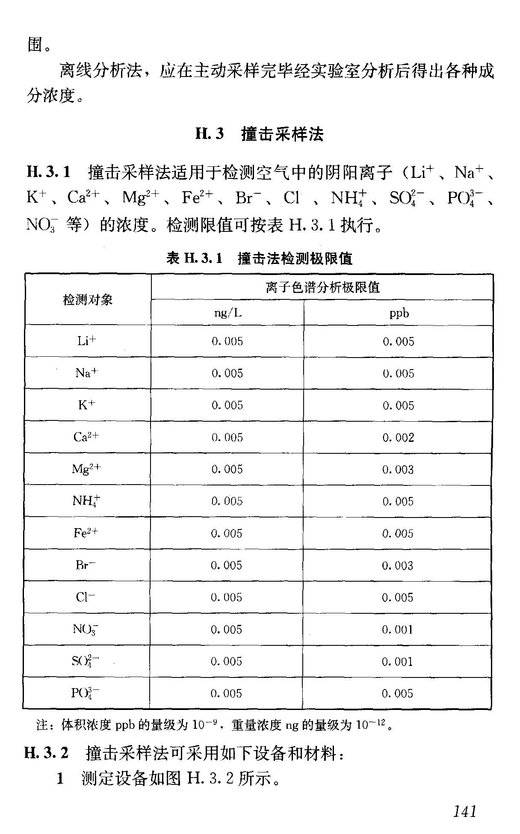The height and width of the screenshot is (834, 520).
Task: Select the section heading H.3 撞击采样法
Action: [259, 134]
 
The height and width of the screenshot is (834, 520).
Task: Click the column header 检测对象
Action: [88, 300]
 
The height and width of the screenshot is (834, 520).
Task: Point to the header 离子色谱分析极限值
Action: [322, 287]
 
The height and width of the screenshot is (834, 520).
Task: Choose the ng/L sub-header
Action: [227, 313]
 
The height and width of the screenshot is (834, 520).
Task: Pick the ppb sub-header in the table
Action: [399, 313]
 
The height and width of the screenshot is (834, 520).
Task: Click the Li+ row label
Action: [86, 341]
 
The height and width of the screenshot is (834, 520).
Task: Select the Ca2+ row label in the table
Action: [86, 437]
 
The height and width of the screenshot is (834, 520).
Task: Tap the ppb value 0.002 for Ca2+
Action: [398, 438]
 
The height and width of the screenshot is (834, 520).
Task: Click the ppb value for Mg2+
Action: [398, 470]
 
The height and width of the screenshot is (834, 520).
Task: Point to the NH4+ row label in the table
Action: [86, 501]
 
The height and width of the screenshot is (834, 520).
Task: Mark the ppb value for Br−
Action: [398, 565]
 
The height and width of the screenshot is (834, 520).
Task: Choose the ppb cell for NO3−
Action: [398, 630]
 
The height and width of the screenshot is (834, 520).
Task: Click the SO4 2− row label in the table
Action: [86, 661]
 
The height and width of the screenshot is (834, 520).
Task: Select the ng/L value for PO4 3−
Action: [226, 693]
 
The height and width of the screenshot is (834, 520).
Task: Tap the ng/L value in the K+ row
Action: [227, 405]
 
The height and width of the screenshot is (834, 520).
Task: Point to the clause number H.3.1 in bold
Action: [48, 172]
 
